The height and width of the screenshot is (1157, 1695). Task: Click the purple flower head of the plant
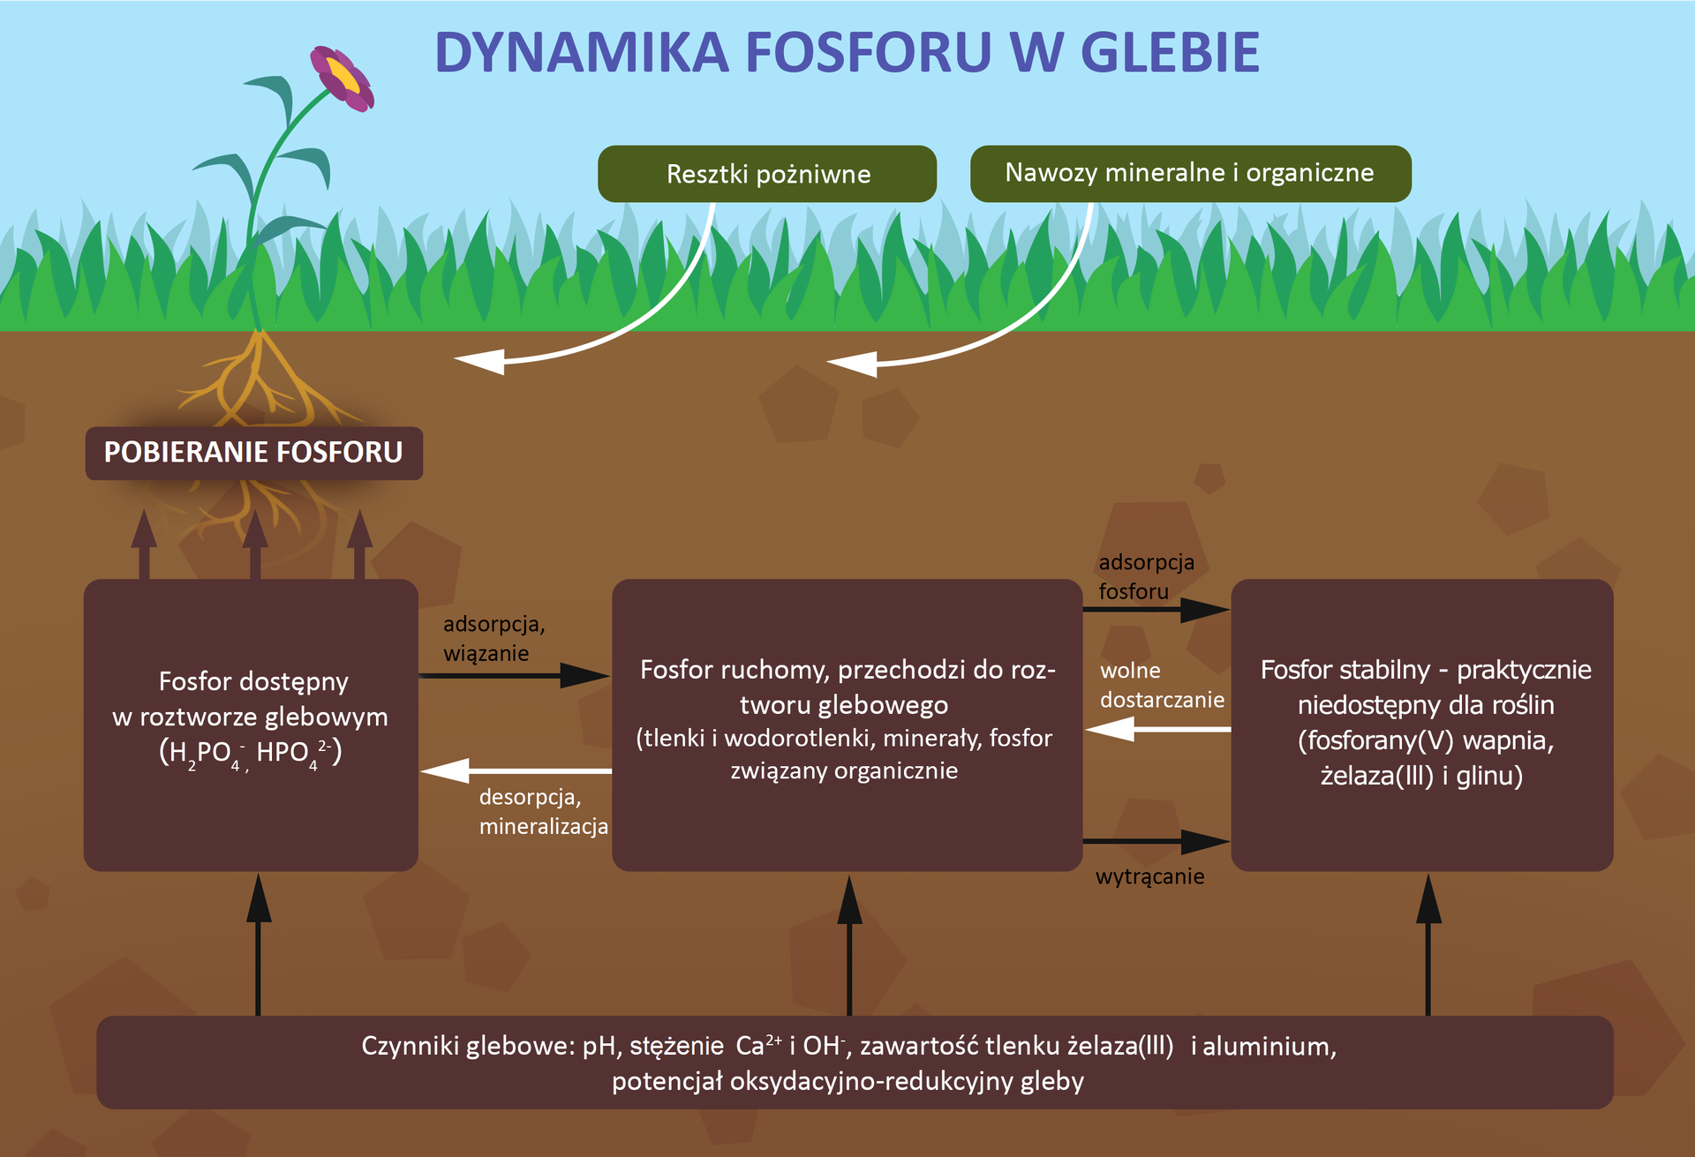tap(342, 79)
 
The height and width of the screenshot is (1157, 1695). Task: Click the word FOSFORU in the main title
tap(869, 53)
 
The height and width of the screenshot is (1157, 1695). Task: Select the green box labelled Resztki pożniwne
tap(767, 174)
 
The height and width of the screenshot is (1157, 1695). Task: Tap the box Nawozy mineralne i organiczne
tap(1189, 173)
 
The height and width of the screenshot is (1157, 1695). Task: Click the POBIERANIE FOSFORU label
tap(253, 453)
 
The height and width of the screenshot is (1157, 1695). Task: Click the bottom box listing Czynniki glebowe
tap(854, 1062)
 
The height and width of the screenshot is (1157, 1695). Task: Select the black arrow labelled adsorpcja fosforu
tap(1156, 609)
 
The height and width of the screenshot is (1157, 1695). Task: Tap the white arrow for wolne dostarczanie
tap(1157, 729)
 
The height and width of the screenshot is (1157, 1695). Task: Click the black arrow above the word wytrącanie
tap(1156, 841)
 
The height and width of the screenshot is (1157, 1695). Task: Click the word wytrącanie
tap(1149, 876)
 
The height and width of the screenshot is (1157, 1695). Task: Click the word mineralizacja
tap(543, 827)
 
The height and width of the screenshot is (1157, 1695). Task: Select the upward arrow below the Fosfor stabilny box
tap(1428, 944)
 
